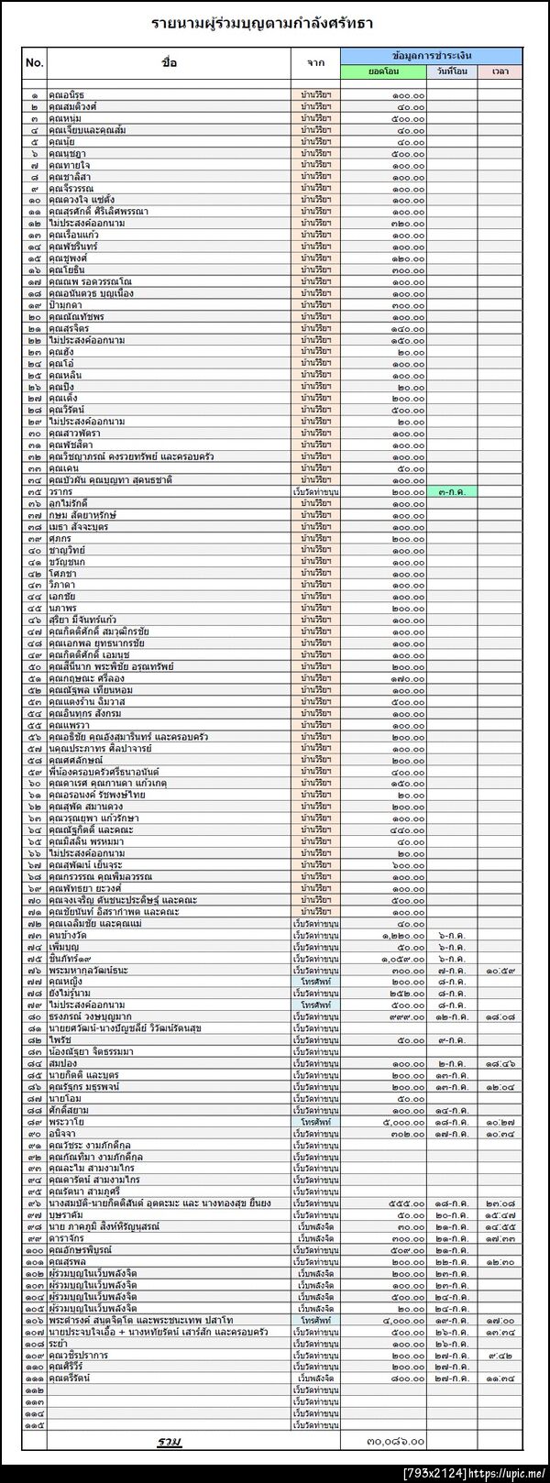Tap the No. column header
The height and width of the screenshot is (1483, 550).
[x=35, y=62]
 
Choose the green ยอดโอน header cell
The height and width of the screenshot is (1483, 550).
[x=385, y=71]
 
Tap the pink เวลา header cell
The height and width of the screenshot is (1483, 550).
[x=500, y=71]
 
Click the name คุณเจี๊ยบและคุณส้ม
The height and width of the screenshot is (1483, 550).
[x=82, y=130]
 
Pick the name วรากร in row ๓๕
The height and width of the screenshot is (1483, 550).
[x=60, y=491]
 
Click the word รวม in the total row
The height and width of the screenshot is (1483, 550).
[x=169, y=1442]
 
